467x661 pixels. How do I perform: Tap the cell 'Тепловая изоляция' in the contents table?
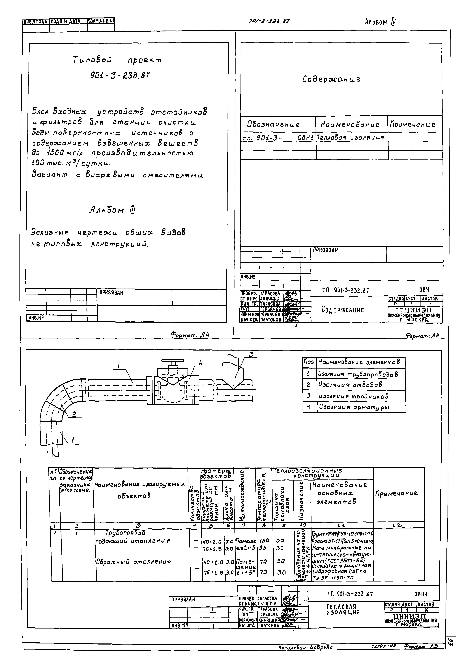tap(350, 138)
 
